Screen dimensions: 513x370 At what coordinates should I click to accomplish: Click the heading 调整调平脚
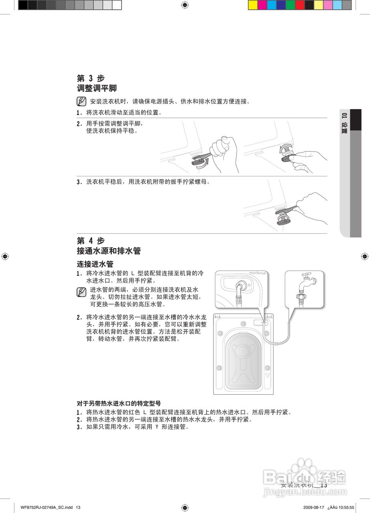tap(97, 88)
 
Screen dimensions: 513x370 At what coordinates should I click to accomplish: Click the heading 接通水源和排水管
tap(109, 251)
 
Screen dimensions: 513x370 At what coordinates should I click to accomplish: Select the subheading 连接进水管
tap(95, 264)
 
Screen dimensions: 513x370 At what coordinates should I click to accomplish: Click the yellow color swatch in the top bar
tap(253, 5)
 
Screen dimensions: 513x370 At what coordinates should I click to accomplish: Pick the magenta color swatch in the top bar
tap(262, 5)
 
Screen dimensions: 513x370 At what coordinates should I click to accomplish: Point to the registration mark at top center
tap(185, 5)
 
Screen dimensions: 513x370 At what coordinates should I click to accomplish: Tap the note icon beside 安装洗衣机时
tap(81, 101)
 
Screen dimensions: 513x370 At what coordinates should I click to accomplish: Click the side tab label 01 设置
tap(344, 123)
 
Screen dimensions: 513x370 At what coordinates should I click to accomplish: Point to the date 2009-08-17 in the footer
tap(314, 507)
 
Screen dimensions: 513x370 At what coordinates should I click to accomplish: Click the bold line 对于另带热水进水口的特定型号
tap(119, 404)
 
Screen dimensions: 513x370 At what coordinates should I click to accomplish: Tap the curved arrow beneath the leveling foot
tap(205, 162)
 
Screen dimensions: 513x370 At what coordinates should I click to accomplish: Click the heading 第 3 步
tap(90, 78)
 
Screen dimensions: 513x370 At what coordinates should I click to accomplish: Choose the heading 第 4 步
tap(90, 241)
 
